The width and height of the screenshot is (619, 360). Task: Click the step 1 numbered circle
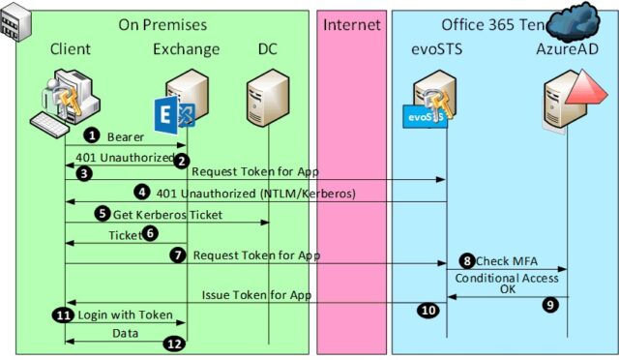[93, 136]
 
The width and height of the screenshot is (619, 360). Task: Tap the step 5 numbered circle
[102, 213]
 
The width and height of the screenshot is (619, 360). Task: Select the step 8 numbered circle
[466, 260]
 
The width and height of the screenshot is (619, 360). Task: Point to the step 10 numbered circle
[427, 311]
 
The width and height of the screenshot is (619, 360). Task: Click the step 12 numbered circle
[173, 342]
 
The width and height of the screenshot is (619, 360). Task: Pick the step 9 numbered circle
[550, 303]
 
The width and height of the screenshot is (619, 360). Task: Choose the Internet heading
[351, 23]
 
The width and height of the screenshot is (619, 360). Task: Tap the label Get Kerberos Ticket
[167, 214]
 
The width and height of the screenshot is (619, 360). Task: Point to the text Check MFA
[506, 261]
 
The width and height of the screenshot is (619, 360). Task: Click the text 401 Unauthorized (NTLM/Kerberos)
[255, 194]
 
